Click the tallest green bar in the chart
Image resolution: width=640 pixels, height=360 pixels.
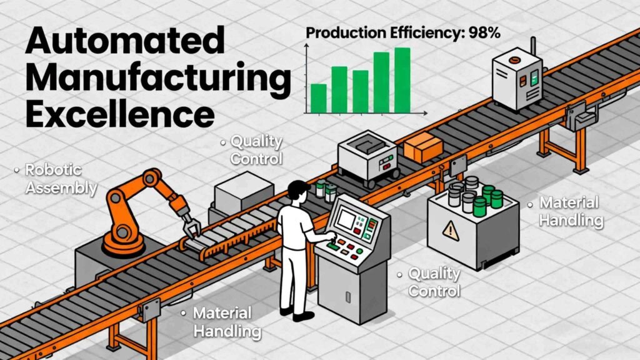pos(402,80)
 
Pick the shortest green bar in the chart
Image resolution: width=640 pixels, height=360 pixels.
pos(318,99)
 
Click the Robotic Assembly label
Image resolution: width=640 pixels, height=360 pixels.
pos(61,178)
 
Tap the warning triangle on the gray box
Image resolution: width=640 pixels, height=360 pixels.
pos(450,231)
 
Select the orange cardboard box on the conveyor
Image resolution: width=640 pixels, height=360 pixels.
pos(423,147)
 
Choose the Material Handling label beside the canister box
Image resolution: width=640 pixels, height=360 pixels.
pos(570,211)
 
